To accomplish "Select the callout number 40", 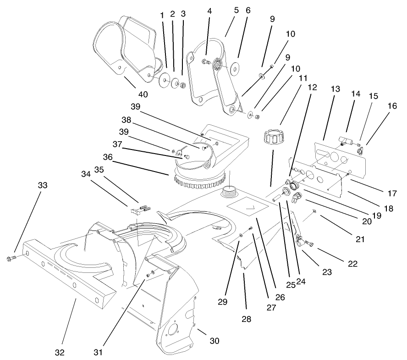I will [143, 94].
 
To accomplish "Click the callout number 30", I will [214, 341].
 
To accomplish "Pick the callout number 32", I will [60, 353].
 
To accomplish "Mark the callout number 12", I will [312, 86].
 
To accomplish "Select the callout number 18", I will [389, 208].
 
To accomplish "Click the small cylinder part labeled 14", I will [345, 139].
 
